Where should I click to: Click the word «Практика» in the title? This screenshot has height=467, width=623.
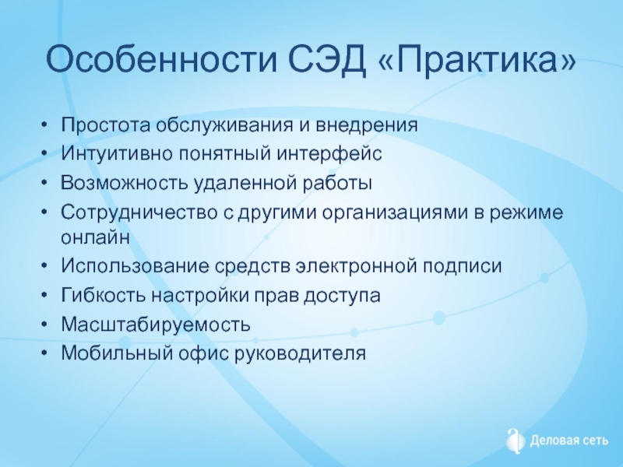477,59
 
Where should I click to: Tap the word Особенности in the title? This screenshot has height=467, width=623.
161,59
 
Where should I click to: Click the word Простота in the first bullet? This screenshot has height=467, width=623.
106,125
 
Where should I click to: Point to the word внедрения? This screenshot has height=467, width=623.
367,125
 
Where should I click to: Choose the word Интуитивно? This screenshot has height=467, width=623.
116,153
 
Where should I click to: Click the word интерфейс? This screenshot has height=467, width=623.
329,153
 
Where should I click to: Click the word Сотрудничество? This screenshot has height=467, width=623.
139,212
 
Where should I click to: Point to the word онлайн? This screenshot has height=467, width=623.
95,237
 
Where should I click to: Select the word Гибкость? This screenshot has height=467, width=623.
104,295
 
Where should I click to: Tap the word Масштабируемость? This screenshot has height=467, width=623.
156,325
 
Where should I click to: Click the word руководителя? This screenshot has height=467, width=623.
301,353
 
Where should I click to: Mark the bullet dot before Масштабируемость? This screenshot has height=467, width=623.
44,325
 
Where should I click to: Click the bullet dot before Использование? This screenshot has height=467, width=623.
44,266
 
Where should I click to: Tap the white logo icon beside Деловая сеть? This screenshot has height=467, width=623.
516,441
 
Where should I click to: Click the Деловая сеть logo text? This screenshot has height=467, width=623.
569,441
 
